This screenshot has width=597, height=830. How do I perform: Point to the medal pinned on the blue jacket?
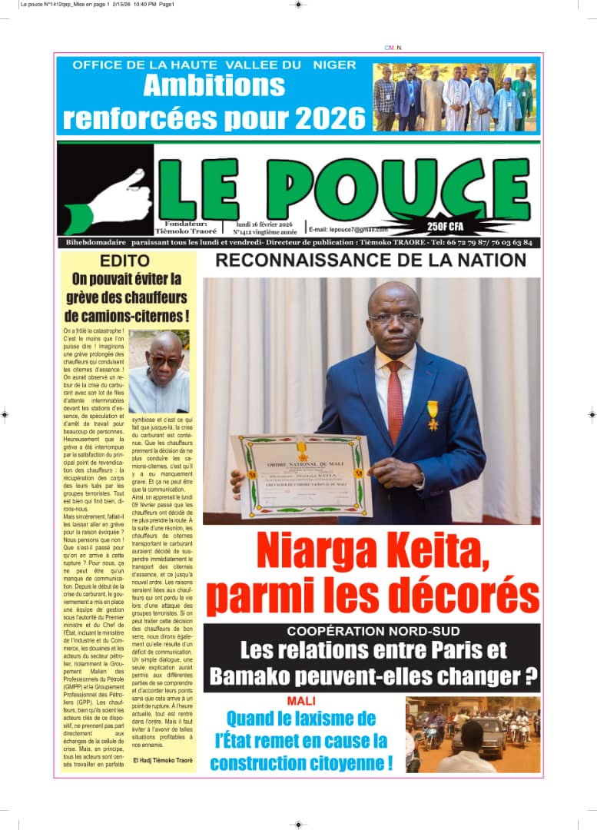(x=433, y=414)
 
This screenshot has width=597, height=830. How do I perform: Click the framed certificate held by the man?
(x=301, y=476)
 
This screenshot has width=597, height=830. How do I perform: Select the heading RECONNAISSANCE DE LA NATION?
(x=370, y=260)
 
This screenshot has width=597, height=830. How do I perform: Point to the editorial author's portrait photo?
(x=158, y=372)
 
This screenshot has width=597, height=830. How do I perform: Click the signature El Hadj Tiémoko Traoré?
(x=163, y=760)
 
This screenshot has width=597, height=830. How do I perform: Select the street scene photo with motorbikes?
(x=473, y=734)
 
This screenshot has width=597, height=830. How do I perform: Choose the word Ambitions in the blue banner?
(x=214, y=85)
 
